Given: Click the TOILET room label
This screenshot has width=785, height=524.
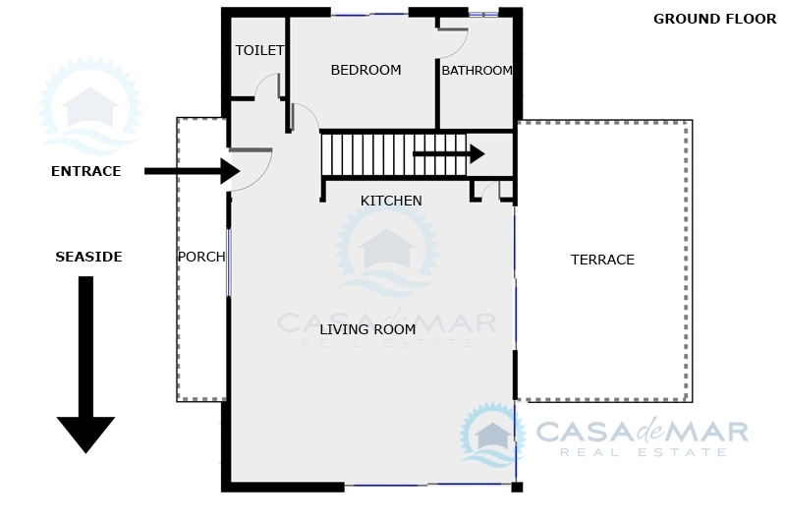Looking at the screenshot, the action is pyautogui.click(x=259, y=50).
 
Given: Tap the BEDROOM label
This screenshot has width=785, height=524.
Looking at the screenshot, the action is pyautogui.click(x=365, y=70).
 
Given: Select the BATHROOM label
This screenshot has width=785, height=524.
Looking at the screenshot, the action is pyautogui.click(x=477, y=71).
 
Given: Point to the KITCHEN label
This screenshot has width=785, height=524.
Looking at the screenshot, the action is pyautogui.click(x=391, y=201).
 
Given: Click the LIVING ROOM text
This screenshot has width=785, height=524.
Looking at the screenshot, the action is pyautogui.click(x=367, y=329).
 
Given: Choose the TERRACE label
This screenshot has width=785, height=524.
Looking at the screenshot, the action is pyautogui.click(x=602, y=260).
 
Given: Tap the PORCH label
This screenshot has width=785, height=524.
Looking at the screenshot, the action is pyautogui.click(x=201, y=257).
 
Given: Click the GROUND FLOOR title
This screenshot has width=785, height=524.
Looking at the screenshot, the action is pyautogui.click(x=714, y=19).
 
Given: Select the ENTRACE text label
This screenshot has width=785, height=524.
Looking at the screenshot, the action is pyautogui.click(x=86, y=171).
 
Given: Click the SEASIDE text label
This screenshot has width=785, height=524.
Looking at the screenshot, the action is pyautogui.click(x=88, y=257).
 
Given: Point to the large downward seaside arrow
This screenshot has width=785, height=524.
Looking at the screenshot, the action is pyautogui.click(x=85, y=365).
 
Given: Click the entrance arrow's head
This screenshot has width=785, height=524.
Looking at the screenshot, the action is pyautogui.click(x=230, y=171).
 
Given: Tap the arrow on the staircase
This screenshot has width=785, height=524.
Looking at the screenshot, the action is pyautogui.click(x=449, y=153).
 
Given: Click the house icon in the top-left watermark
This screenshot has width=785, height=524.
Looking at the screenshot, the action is pyautogui.click(x=90, y=106).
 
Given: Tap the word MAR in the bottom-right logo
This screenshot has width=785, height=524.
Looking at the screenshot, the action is pyautogui.click(x=710, y=432).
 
